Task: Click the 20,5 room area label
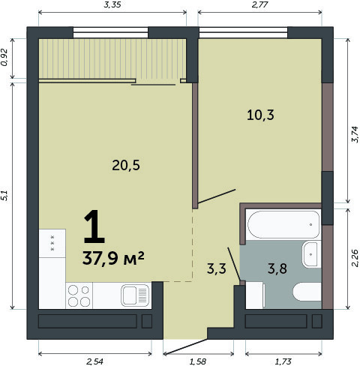[x=126, y=166]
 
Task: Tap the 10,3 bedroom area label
[x=260, y=115]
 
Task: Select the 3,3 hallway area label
[x=217, y=268]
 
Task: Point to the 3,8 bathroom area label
[x=277, y=268]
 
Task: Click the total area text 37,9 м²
[x=113, y=258]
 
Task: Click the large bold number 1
[x=94, y=226]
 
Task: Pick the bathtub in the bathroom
[x=283, y=224]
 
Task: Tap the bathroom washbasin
[x=311, y=254]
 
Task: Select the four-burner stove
[x=79, y=295]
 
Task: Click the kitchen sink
[x=135, y=295]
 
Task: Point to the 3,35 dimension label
[x=112, y=4]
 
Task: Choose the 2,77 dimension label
[x=260, y=4]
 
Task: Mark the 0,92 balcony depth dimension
[x=4, y=57]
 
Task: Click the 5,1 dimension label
[x=4, y=196]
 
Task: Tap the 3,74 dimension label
[x=355, y=134]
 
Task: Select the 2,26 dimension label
[x=355, y=258]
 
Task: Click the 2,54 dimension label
[x=94, y=361]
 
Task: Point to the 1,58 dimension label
[x=198, y=361]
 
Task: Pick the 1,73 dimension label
[x=283, y=361]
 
